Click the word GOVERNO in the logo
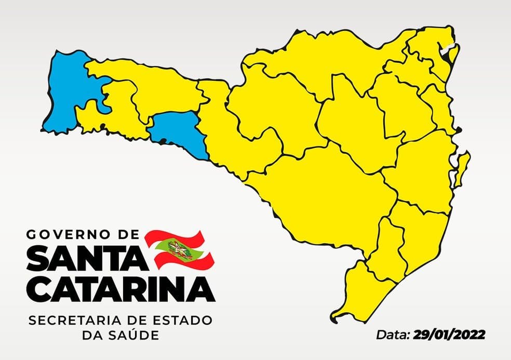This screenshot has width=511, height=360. (x=66, y=235)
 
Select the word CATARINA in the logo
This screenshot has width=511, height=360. (x=119, y=288)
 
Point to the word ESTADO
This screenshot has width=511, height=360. (x=184, y=321)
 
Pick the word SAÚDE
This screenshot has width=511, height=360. (x=133, y=336)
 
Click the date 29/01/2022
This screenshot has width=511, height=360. (x=449, y=335)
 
